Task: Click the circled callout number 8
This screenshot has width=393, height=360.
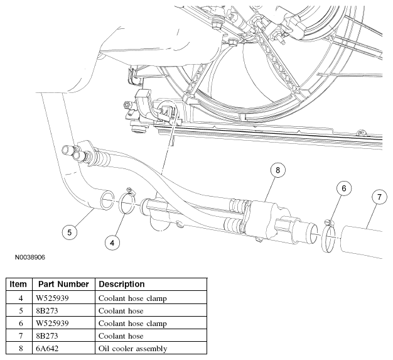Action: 277,170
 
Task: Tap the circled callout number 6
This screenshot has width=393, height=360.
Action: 343,188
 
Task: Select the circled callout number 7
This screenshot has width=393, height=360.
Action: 379,197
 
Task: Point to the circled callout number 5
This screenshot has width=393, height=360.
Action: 70,232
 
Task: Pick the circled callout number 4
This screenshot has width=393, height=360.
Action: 112,243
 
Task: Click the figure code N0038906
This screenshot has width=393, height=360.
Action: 30,258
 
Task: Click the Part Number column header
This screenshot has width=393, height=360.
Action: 63,284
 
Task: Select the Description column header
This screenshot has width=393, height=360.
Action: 122,284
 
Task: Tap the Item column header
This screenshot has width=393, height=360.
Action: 18,284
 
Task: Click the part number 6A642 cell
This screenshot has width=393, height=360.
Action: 47,349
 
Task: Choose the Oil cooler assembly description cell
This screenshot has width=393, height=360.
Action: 133,349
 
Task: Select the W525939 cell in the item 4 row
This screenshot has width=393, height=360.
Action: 52,298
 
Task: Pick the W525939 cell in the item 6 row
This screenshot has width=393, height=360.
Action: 52,324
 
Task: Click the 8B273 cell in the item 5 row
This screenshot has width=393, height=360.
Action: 47,311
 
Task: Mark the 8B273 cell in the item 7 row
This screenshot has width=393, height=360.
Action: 47,336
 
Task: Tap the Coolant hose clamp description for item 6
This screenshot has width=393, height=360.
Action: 132,324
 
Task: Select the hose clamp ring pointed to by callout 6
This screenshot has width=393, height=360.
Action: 322,236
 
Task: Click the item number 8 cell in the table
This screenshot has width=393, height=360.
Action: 21,349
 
